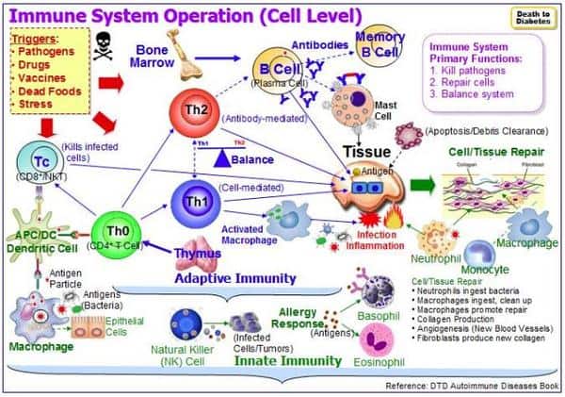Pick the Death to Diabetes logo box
pos(531,18)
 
